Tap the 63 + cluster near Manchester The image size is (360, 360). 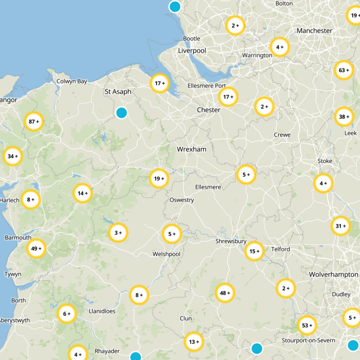click(344, 70)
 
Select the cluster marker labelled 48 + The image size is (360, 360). click(225, 293)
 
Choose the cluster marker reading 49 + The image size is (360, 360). click(36, 248)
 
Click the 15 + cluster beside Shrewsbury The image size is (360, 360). click(255, 251)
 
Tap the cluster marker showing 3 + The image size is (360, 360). click(118, 233)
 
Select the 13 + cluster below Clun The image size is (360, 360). click(194, 342)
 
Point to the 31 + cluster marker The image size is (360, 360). click(341, 226)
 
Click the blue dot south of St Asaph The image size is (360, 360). click(121, 112)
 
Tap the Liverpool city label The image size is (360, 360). click(192, 51)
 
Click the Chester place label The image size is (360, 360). click(208, 110)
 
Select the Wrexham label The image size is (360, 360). click(191, 149)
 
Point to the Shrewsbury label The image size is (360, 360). click(231, 241)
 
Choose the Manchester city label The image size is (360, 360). click(315, 31)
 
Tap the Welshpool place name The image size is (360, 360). click(166, 254)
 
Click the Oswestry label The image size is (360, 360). click(181, 200)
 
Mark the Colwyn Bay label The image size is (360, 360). click(72, 81)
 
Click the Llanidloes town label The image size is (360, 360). click(102, 311)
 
